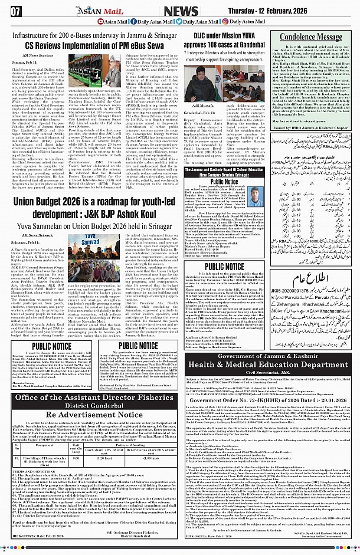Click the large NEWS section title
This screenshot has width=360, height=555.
(181, 11)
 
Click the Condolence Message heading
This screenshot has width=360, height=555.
(310, 36)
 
